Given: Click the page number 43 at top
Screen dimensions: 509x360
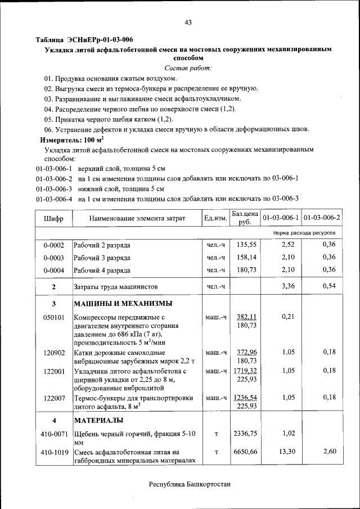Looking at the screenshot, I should [188, 22].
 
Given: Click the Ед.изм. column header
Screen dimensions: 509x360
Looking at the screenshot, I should [215, 218].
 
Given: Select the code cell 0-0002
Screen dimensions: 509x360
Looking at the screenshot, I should [54, 245].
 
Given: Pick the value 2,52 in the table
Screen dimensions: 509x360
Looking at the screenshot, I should [287, 245].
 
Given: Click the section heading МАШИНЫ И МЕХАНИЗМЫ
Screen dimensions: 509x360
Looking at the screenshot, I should [123, 304].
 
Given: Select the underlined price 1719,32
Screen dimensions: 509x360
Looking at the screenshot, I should [246, 372].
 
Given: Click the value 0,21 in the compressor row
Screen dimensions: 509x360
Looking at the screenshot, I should [287, 317].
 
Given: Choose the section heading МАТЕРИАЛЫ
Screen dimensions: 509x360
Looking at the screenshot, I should [99, 420].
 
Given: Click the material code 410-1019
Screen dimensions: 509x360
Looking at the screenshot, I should [54, 452].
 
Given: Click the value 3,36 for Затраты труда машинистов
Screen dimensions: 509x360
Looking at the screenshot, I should [287, 286].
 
